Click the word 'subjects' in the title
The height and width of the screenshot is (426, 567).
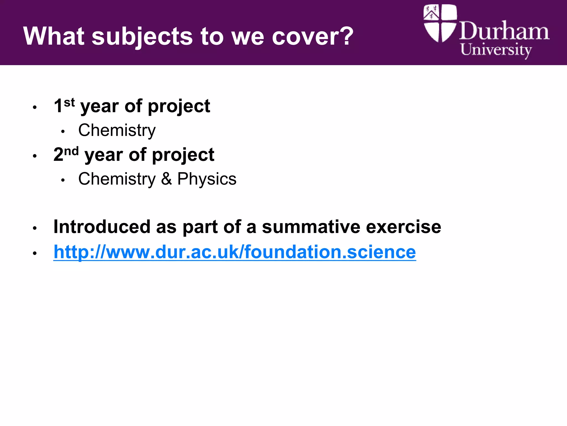[142, 37]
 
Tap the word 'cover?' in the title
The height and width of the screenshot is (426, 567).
[313, 36]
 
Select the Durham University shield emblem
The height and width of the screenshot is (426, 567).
[440, 23]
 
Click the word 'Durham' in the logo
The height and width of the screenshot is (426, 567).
[504, 31]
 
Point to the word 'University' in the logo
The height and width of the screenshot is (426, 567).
[496, 50]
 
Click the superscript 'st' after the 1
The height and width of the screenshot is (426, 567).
[69, 103]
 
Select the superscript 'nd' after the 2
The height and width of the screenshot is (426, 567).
[71, 151]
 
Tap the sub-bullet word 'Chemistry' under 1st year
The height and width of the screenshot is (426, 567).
[117, 130]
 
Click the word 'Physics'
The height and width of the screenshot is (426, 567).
[207, 179]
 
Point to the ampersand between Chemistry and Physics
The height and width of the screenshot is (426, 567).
[166, 179]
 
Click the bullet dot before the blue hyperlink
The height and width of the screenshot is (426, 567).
[35, 253]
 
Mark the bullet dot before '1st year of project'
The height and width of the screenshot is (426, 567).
[35, 107]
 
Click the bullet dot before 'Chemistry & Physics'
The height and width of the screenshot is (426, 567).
[63, 180]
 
